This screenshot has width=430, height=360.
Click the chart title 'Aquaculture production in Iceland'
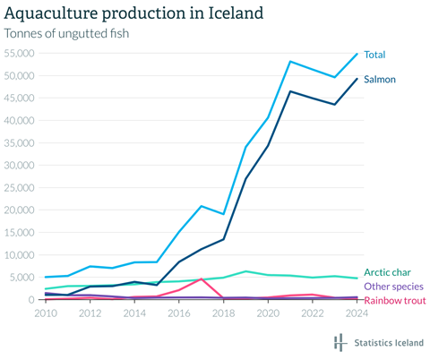point(134,13)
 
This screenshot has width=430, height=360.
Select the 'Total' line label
point(374,56)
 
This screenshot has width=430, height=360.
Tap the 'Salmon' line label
point(379,80)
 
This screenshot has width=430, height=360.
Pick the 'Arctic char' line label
point(388,272)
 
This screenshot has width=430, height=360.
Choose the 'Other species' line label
point(393,286)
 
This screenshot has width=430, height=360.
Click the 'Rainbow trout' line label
point(393,299)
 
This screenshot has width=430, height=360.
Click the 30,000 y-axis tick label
point(19,165)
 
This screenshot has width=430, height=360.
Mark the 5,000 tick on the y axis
point(21,277)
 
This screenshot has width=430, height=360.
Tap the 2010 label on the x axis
point(45,313)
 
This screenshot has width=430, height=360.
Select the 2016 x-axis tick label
point(179,313)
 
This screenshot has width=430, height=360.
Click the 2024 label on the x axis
point(357,313)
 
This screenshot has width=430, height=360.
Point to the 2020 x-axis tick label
point(268,313)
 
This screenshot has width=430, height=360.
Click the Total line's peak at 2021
point(290,61)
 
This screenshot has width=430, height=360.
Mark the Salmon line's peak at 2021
point(290,91)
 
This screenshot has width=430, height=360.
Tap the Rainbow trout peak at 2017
point(202,279)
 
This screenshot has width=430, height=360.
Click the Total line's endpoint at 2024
point(357,54)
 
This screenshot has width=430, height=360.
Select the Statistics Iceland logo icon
point(340,343)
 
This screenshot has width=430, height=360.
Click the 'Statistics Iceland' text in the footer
point(388,343)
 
